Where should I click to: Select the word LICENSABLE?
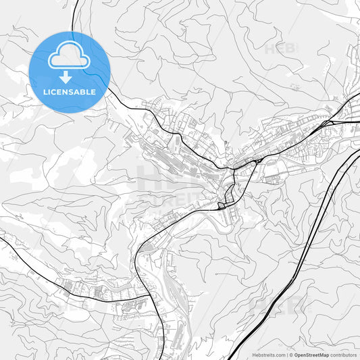[x=70, y=91]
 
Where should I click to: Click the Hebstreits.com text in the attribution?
[x=268, y=355]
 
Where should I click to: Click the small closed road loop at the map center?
[x=223, y=205]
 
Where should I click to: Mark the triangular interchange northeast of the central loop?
[x=257, y=161]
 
